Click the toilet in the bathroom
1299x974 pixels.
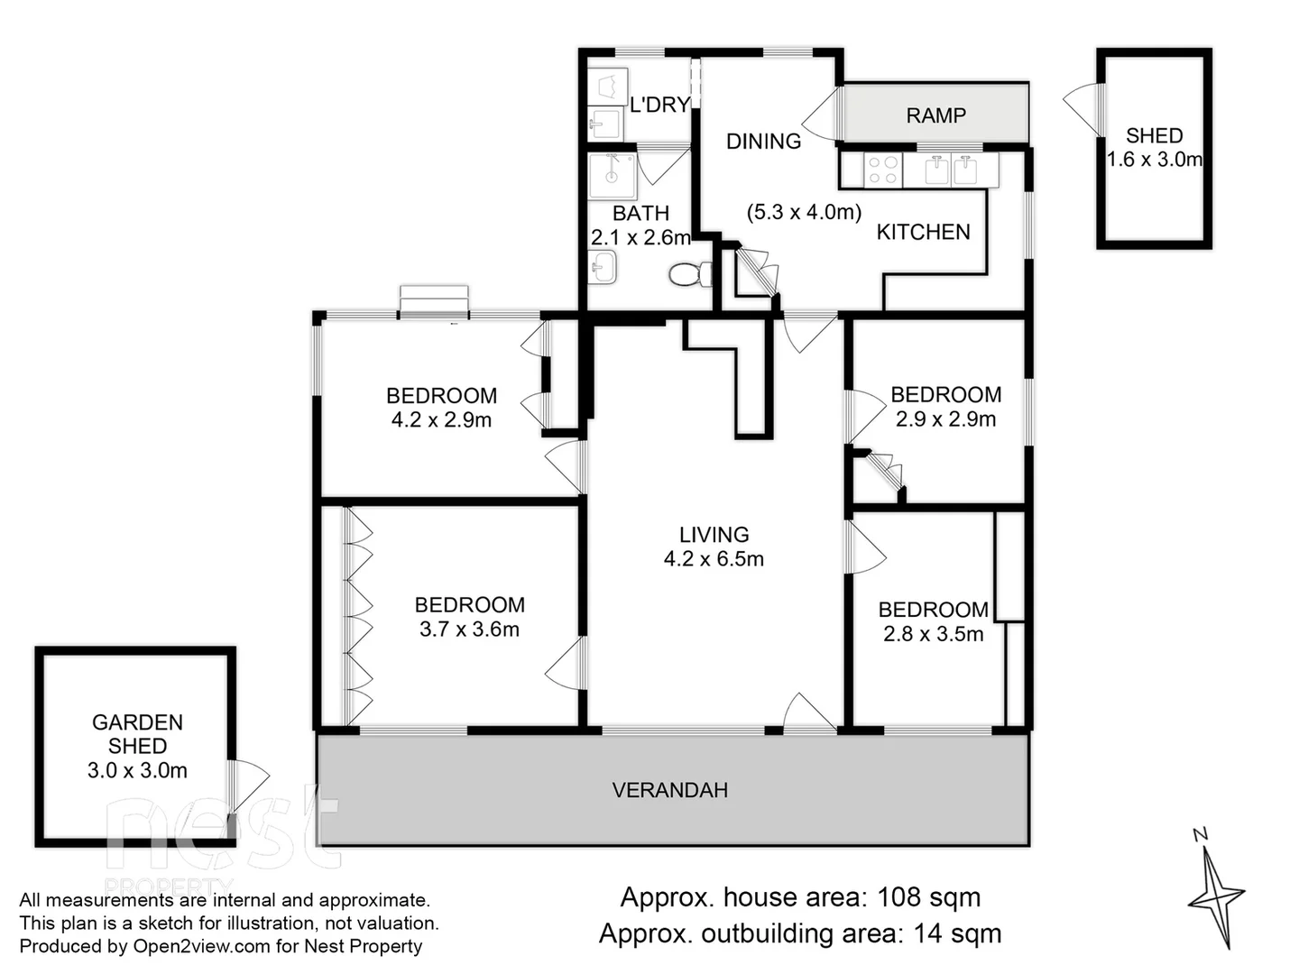point(690,273)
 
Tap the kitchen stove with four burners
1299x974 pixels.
point(882,170)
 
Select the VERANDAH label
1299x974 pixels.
point(669,790)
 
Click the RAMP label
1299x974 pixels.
point(935,115)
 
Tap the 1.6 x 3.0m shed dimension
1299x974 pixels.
point(1155,160)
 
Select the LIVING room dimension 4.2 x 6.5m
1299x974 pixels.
point(714,559)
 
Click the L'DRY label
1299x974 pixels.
point(659,105)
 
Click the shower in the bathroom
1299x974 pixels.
point(612,175)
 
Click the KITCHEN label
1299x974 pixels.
point(923,232)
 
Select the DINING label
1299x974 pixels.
point(763,141)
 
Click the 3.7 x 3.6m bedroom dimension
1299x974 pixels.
point(469,629)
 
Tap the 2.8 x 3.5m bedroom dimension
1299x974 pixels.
point(933,634)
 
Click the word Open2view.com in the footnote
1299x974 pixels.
point(189,946)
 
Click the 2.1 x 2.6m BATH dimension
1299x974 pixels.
point(640,238)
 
